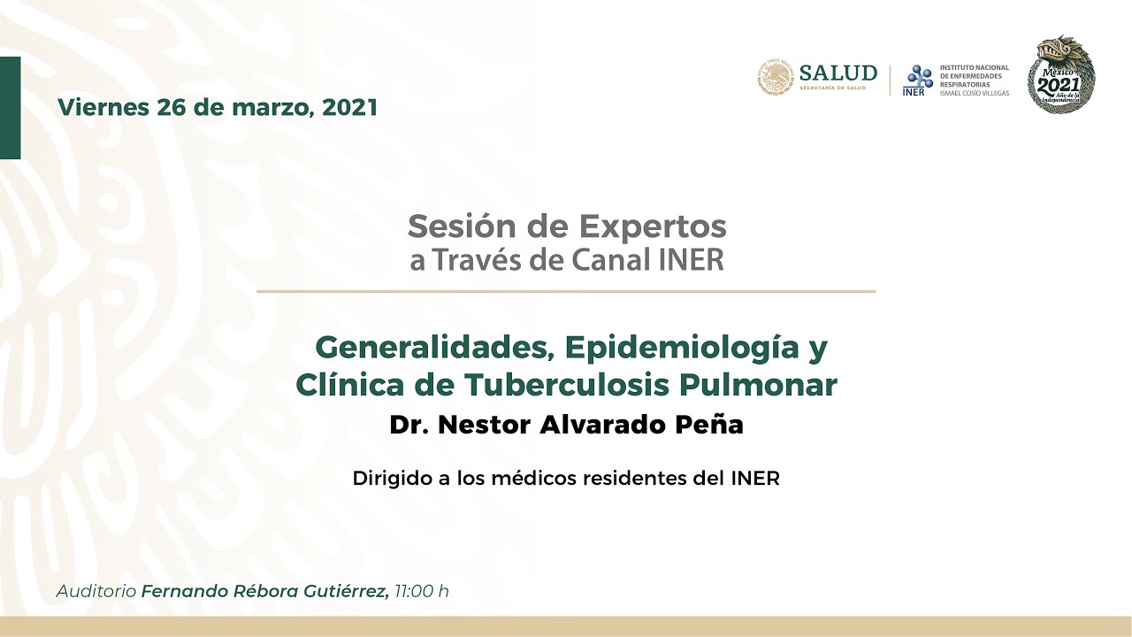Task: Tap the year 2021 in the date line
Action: (350, 108)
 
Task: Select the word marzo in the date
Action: (272, 108)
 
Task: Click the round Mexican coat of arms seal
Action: (775, 78)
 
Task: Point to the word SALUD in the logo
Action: (838, 73)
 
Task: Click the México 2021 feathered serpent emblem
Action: (1060, 75)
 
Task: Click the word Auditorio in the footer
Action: (96, 591)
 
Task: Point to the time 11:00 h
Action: (422, 591)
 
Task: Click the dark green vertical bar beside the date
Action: (10, 108)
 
